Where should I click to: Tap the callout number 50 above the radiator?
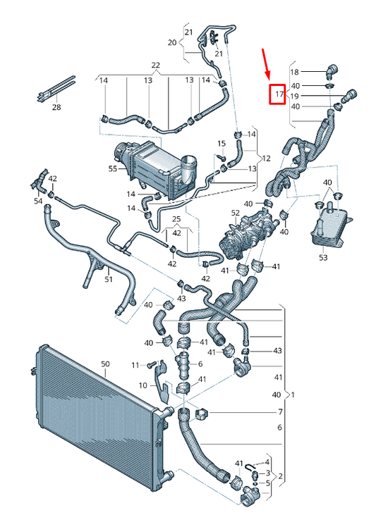[105, 364]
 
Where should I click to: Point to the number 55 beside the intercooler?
[112, 170]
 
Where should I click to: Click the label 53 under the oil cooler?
[322, 258]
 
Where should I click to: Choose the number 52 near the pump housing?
[236, 212]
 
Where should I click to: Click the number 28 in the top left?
[56, 107]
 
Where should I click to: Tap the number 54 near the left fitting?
[38, 201]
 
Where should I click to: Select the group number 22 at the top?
[156, 66]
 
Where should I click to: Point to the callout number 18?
[295, 72]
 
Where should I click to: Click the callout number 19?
[295, 96]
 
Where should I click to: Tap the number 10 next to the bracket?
[142, 385]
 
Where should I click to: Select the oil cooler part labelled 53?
[327, 225]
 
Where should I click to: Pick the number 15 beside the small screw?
[221, 144]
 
